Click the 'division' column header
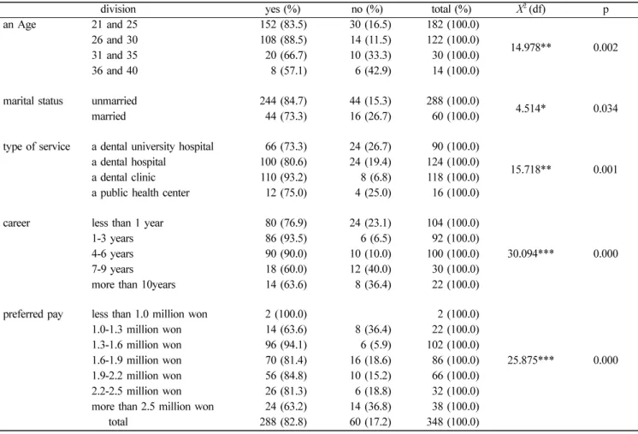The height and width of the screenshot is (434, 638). pos(118,9)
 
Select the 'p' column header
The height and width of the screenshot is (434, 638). pos(606,10)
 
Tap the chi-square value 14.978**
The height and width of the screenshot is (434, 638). pos(530,47)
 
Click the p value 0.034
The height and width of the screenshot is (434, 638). pos(606,109)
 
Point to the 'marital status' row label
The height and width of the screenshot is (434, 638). pos(33,101)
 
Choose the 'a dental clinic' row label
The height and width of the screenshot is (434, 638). pos(123,177)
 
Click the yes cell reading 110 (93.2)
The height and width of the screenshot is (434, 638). pos(283,177)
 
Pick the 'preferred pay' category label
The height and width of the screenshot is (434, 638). pos(33,315)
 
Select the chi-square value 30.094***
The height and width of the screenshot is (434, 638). pos(530,253)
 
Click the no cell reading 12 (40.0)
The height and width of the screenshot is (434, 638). pos(370,269)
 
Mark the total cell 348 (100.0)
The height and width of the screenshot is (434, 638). pos(453,422)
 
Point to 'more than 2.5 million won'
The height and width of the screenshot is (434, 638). pos(152,407)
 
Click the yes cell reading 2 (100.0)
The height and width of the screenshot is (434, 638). pos(286,314)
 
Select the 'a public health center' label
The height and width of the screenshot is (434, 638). pos(140,193)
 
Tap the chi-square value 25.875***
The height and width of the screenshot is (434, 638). pos(530,360)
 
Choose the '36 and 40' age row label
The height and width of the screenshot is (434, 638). pos(115,70)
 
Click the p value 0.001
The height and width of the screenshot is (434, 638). pos(606,169)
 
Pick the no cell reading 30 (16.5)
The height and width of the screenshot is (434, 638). pos(370,25)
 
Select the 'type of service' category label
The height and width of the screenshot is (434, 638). pos(37,147)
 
